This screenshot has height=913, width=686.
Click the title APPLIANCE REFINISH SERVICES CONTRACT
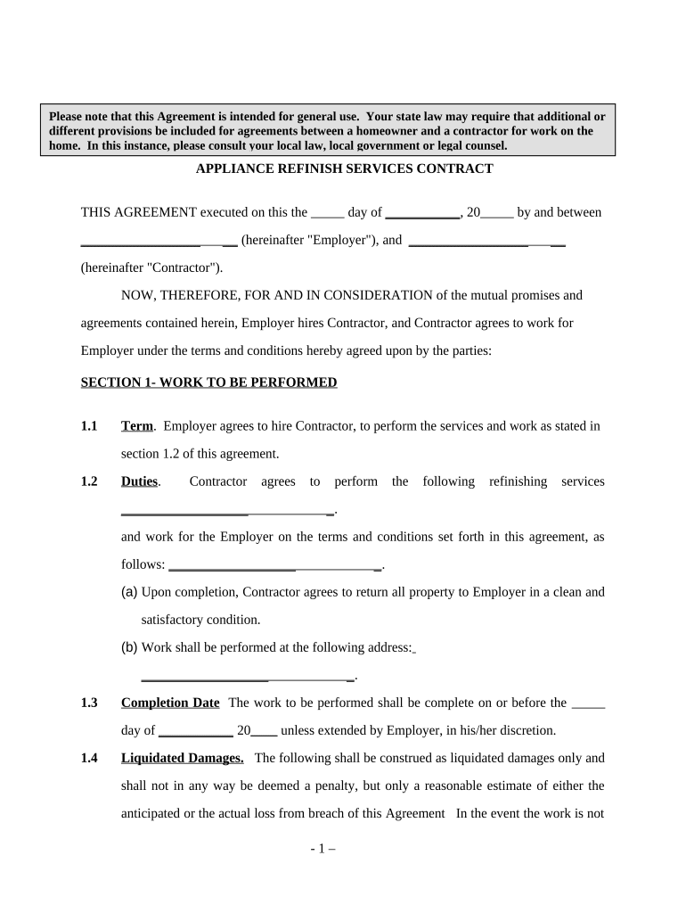[x=344, y=169]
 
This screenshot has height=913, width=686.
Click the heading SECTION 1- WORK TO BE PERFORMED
[x=208, y=382]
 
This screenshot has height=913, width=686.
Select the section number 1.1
[x=89, y=426]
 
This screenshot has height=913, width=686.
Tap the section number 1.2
[x=89, y=481]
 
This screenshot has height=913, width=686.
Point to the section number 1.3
[x=89, y=703]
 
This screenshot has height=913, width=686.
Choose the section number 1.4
[x=89, y=758]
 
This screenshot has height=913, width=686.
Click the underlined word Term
[x=137, y=426]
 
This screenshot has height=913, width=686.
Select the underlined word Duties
[x=140, y=481]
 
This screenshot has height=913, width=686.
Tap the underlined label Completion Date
[x=170, y=703]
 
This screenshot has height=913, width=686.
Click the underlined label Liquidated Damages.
[x=183, y=758]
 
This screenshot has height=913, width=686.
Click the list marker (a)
[x=129, y=592]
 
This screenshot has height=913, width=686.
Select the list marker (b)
[x=129, y=647]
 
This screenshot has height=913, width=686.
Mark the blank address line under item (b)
[x=238, y=678]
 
